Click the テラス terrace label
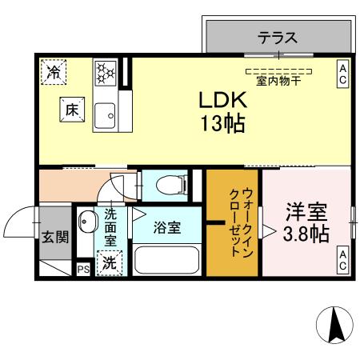[278, 36]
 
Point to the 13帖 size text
[222, 124]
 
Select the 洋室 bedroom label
[307, 214]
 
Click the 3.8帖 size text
[307, 234]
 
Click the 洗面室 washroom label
[110, 226]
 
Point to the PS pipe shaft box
[82, 270]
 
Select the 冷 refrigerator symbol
[54, 73]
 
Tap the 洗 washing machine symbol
[108, 262]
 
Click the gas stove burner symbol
[106, 74]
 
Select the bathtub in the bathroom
[167, 261]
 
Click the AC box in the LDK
[342, 74]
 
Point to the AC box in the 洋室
[342, 259]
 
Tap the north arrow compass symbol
[335, 326]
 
